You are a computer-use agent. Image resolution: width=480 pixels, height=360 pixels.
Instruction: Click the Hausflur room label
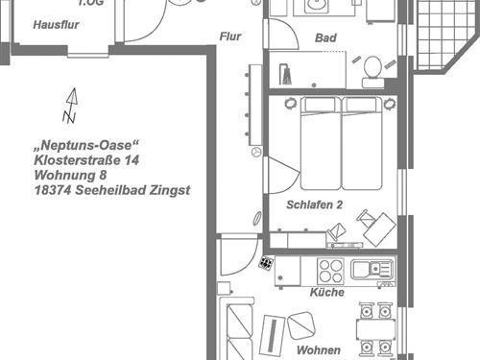point(56,25)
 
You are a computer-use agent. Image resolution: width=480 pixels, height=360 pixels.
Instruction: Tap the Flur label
point(230,36)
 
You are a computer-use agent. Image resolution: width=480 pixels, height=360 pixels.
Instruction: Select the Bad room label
point(325,37)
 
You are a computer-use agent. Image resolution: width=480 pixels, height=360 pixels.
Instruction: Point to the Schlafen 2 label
point(315,204)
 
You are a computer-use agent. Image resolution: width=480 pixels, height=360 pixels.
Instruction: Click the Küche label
point(327,292)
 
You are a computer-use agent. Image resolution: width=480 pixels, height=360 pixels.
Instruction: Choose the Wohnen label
point(319,350)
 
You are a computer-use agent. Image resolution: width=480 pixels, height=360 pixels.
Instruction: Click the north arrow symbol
point(71,106)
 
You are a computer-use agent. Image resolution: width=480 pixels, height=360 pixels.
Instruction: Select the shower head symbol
point(285,74)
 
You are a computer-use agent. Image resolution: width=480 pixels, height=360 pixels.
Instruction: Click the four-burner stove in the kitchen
point(330,271)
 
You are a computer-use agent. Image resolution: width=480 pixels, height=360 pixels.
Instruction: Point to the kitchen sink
point(372,270)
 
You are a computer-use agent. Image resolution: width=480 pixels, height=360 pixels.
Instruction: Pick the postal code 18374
point(53,190)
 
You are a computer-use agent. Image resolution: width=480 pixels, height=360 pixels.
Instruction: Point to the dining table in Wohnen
point(376,330)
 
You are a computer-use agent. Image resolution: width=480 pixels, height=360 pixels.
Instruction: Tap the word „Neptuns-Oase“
point(86,145)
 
